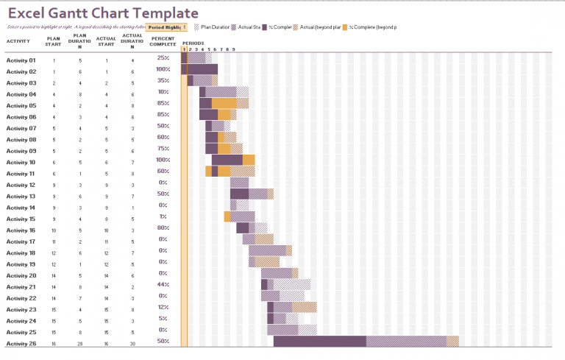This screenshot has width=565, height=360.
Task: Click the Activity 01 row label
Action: [21, 60]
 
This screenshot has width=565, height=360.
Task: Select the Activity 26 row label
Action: [21, 344]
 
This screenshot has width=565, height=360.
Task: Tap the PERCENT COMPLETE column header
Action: [163, 41]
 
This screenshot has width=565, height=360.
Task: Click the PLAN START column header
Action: [54, 41]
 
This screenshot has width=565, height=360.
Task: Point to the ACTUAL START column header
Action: [106, 41]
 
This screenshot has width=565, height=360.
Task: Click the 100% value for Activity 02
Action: [163, 69]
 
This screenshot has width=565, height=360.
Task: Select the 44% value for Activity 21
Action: [163, 284]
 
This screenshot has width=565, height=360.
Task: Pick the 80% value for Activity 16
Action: [163, 227]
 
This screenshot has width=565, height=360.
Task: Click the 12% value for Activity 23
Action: [163, 307]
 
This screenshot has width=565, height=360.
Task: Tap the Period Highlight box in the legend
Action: [166, 27]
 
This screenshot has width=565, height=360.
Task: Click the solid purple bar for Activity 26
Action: [319, 342]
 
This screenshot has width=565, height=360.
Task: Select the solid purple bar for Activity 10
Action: [227, 160]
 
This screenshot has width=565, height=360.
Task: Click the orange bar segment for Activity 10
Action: [249, 160]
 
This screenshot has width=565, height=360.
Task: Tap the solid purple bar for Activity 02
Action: [202, 69]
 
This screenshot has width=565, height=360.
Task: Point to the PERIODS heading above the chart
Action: [193, 43]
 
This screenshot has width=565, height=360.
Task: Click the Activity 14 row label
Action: [21, 208]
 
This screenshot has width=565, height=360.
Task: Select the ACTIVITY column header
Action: [18, 41]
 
